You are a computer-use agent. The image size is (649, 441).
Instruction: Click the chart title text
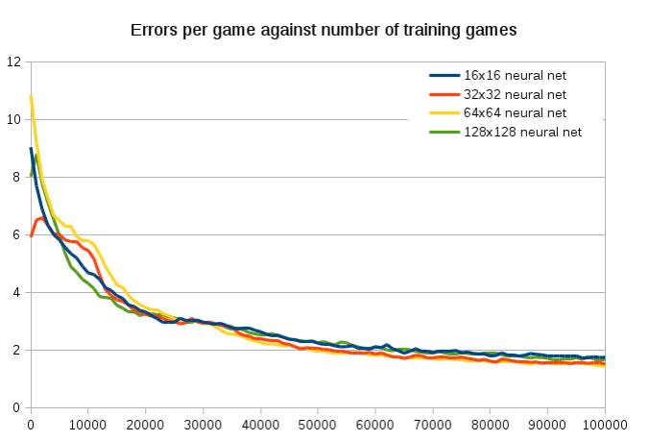pos(324,30)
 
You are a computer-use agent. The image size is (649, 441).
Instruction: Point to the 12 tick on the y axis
pos(13,62)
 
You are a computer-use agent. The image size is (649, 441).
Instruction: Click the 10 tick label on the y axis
pos(13,120)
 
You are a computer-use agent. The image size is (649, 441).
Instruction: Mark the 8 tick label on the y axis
pos(16,178)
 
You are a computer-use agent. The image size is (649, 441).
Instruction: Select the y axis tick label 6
pos(16,235)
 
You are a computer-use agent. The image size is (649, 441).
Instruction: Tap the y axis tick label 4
pos(16,293)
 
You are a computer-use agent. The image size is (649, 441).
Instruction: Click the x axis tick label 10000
pos(87,423)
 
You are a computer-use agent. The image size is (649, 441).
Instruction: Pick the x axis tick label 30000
pos(203,423)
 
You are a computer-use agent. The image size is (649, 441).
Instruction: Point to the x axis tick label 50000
pos(318,423)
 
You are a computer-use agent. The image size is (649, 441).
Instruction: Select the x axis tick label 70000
pos(432,423)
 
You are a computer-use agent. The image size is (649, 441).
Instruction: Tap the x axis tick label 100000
pos(604,423)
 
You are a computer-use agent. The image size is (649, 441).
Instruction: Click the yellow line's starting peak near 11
pos(31,96)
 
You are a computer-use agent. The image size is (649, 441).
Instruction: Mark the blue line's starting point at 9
pos(31,149)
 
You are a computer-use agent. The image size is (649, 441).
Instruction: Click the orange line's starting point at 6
pos(31,235)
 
